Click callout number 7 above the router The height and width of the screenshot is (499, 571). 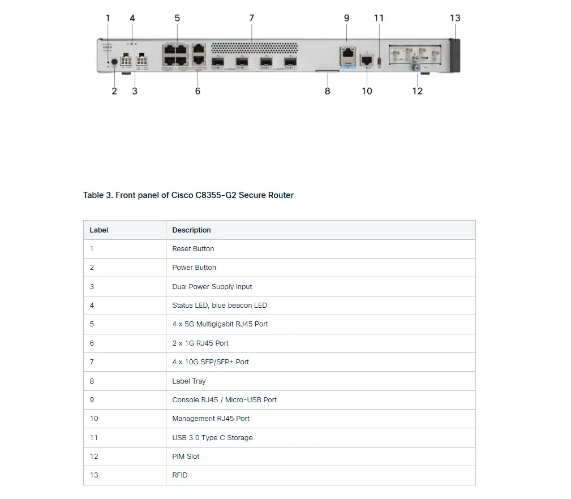[x=252, y=18]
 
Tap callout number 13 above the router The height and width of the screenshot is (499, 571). [x=455, y=18]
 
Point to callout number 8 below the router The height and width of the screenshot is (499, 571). [x=327, y=91]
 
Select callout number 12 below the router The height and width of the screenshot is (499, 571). [x=417, y=91]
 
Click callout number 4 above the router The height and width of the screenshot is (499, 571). [x=132, y=18]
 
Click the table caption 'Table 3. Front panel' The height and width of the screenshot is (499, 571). [x=188, y=195]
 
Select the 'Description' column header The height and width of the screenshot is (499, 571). [x=191, y=230]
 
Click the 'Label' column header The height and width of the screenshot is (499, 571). [x=99, y=230]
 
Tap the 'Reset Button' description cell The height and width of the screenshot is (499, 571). [x=193, y=249]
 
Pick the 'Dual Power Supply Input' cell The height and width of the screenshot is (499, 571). [x=212, y=287]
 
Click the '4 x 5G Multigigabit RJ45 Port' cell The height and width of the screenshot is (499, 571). [x=220, y=324]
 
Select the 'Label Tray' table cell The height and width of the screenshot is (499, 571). [x=189, y=381]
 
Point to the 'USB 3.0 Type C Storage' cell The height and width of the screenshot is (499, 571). [x=212, y=438]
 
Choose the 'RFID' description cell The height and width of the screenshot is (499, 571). [x=180, y=475]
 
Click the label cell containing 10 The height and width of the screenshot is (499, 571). [x=94, y=419]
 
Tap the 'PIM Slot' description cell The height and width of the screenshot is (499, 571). [x=186, y=457]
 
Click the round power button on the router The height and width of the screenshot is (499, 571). [x=114, y=62]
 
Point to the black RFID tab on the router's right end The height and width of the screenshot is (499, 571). [x=456, y=55]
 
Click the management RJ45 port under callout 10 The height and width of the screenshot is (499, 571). [x=367, y=59]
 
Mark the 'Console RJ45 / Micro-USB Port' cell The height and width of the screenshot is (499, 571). [x=224, y=400]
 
